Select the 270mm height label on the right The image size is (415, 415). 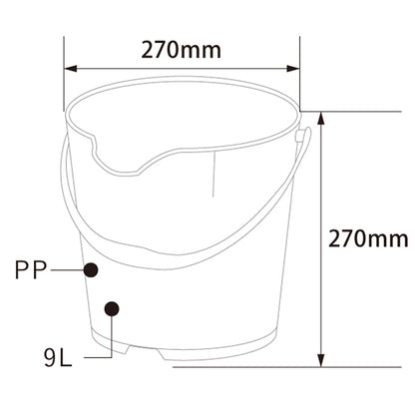tap(368, 238)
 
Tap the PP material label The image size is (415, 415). tap(31, 269)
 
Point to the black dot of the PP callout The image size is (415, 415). tap(91, 269)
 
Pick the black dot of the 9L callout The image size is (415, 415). tap(113, 308)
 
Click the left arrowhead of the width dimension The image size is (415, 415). tap(70, 70)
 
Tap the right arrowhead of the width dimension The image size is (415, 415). tap(294, 70)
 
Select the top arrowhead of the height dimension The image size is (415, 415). tap(321, 117)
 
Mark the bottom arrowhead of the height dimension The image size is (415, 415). tap(321, 359)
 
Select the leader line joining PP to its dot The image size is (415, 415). tap(67, 269)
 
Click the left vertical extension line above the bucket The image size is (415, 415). tap(65, 70)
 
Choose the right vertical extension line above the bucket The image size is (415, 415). tap(300, 70)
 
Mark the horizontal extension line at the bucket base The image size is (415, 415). tap(299, 364)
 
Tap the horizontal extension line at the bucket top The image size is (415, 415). tap(314, 111)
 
